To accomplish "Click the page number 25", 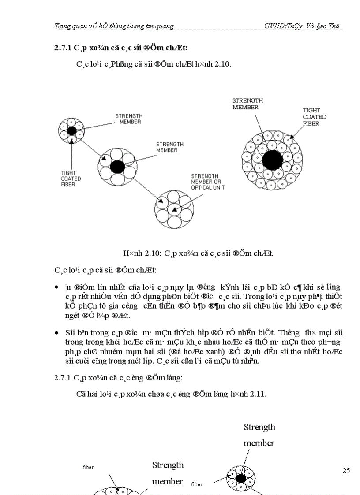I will pyautogui.click(x=346, y=470).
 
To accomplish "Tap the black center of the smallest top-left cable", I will pyautogui.click(x=71, y=131).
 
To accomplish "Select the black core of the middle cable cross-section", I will pyautogui.click(x=117, y=167).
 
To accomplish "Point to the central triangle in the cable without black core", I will pyautogui.click(x=174, y=210).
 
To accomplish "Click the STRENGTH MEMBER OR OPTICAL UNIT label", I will pyautogui.click(x=207, y=182).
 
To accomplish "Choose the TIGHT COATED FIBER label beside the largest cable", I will pyautogui.click(x=315, y=117).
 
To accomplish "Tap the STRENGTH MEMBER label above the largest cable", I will pyautogui.click(x=247, y=104).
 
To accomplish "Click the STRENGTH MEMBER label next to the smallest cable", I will pyautogui.click(x=129, y=119).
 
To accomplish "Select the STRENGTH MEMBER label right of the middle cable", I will pyautogui.click(x=170, y=147).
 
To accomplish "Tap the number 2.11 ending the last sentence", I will pyautogui.click(x=257, y=394).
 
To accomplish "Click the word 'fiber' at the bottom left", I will pyautogui.click(x=88, y=467).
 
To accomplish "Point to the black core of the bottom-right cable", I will pyautogui.click(x=240, y=478).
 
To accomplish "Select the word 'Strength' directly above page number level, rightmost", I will pyautogui.click(x=259, y=427).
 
